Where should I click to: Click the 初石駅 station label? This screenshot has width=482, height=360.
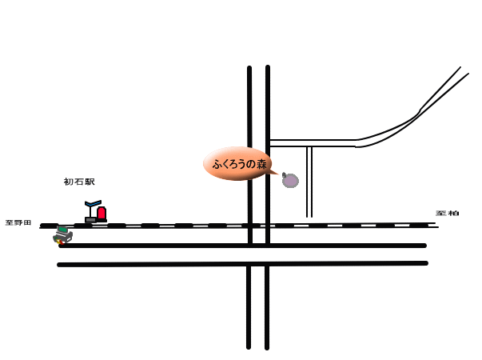tap(79, 182)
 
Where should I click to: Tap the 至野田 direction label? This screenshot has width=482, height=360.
tap(18, 222)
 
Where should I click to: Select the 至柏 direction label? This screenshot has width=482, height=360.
tap(448, 214)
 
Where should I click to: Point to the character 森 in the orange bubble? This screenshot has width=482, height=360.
tap(261, 164)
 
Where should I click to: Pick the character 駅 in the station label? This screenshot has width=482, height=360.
tap(90, 182)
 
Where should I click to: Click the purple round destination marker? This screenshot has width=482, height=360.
tap(290, 181)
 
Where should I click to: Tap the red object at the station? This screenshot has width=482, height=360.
tap(102, 214)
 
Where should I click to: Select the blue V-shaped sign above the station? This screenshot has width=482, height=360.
tap(94, 204)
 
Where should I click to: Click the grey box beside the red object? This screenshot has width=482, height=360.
tap(90, 219)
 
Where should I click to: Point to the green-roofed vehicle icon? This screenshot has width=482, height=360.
tap(62, 234)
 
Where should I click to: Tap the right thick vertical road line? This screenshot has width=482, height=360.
tap(268, 304)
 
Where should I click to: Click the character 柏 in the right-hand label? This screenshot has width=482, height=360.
tap(453, 214)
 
